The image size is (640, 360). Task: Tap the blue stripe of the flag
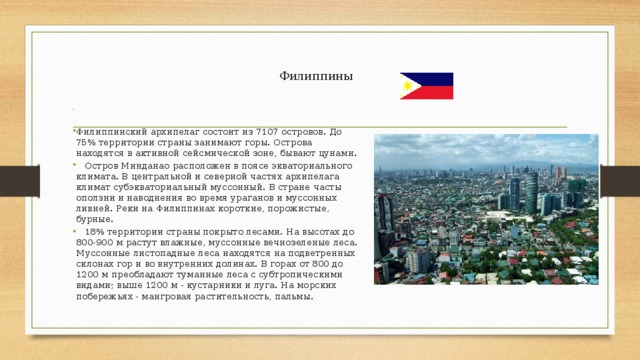pos(433,79)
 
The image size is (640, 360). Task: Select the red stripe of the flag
pos(433,92)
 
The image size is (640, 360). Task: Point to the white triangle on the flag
pos(407,86)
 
